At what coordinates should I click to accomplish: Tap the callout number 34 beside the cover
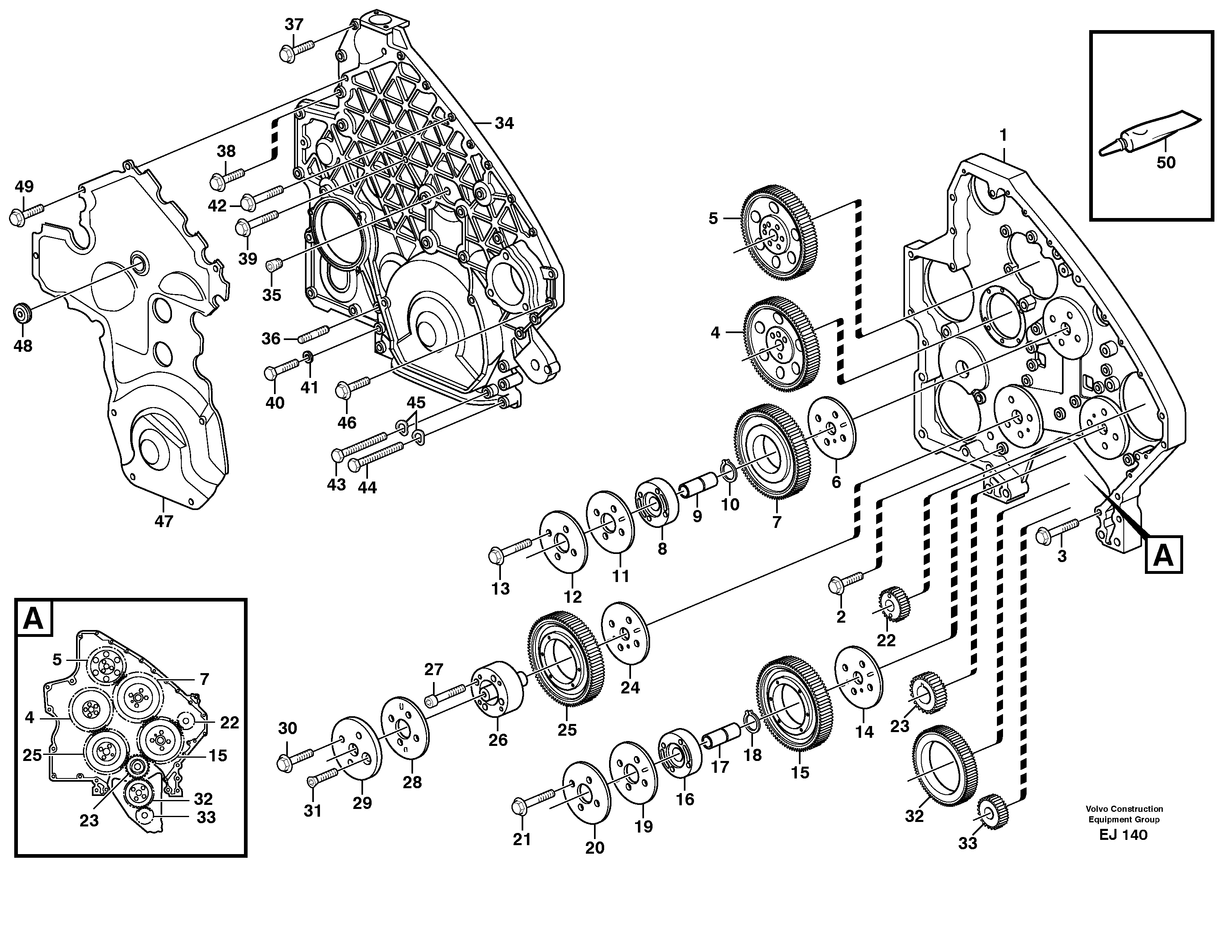504,123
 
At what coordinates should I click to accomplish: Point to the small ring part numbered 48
23,313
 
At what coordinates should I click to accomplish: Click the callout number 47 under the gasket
164,521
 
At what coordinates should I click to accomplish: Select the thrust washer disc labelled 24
626,633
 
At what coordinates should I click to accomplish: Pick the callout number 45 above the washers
416,402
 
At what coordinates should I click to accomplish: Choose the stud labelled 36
313,335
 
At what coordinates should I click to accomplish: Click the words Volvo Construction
1125,809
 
